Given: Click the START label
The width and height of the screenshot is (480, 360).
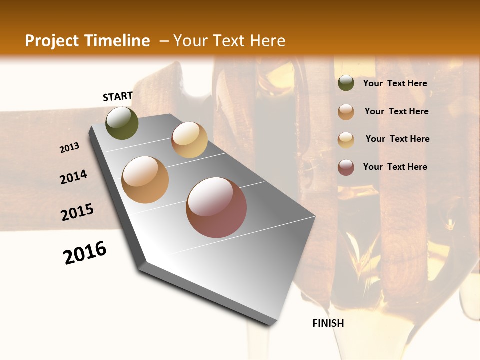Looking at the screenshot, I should pos(118,96).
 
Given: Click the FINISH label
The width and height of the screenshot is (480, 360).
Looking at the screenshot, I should pos(328,323).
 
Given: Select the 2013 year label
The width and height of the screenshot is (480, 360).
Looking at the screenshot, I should pos(70,148).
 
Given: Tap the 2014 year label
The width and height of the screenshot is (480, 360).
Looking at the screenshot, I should pos(74,177).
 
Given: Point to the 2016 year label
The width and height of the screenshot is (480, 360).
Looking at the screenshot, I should pos(85,253).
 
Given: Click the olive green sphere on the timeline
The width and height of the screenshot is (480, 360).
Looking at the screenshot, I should pos(122,123).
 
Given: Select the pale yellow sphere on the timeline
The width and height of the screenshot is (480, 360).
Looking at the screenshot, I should pos(189,140).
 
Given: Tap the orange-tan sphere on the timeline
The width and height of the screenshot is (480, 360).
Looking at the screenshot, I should pos(145,180).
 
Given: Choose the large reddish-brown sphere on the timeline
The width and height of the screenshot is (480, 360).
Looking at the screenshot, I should pos(216,207).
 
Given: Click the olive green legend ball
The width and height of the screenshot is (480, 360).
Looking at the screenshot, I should pos(346,83).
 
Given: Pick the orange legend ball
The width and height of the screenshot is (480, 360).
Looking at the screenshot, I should pos(346,112).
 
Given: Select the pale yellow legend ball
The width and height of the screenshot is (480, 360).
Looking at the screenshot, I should pos(346,139).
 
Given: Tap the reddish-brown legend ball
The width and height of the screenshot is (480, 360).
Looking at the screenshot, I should pos(346,167).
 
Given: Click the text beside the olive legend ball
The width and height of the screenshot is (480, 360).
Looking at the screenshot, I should pos(395,83).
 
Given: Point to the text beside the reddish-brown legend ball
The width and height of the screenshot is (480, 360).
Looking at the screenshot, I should pos(395,167).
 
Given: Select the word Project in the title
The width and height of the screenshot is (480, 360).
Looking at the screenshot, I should pos(49,41).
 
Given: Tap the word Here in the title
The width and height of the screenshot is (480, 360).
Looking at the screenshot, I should pos(267,41).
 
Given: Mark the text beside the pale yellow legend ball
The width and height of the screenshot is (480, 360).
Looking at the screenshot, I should pos(397,139).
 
